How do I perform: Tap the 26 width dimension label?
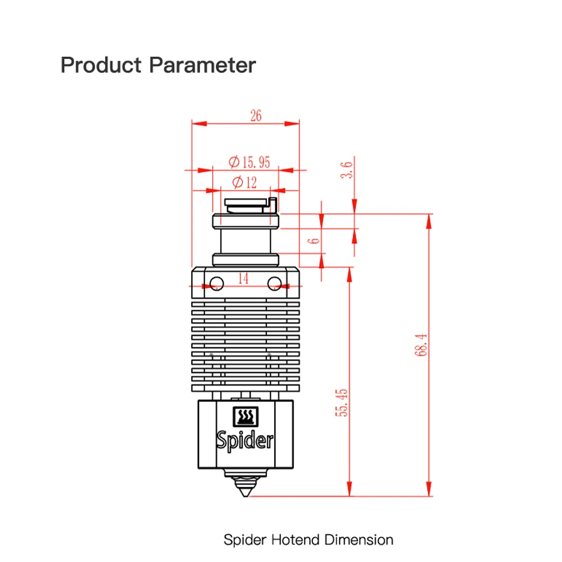pos(256,116)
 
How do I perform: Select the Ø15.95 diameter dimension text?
pos(250,162)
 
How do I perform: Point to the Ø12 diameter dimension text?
pos(244,183)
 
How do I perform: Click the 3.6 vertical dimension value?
pos(347,170)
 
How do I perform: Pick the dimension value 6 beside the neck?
pos(314,240)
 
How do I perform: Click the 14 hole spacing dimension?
pos(243,278)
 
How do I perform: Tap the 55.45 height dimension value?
pos(342,403)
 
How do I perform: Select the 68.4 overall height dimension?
pos(421,345)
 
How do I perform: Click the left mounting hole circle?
pos(217,283)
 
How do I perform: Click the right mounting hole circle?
pos(275,283)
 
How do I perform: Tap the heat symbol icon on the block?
pos(246,416)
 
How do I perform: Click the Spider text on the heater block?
pos(245,441)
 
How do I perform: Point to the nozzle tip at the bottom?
pos(245,496)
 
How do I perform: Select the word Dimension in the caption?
pos(359,540)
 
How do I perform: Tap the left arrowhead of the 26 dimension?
pos(200,124)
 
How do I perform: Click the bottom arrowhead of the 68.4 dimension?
pos(429,489)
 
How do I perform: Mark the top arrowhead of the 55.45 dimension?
pos(350,275)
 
